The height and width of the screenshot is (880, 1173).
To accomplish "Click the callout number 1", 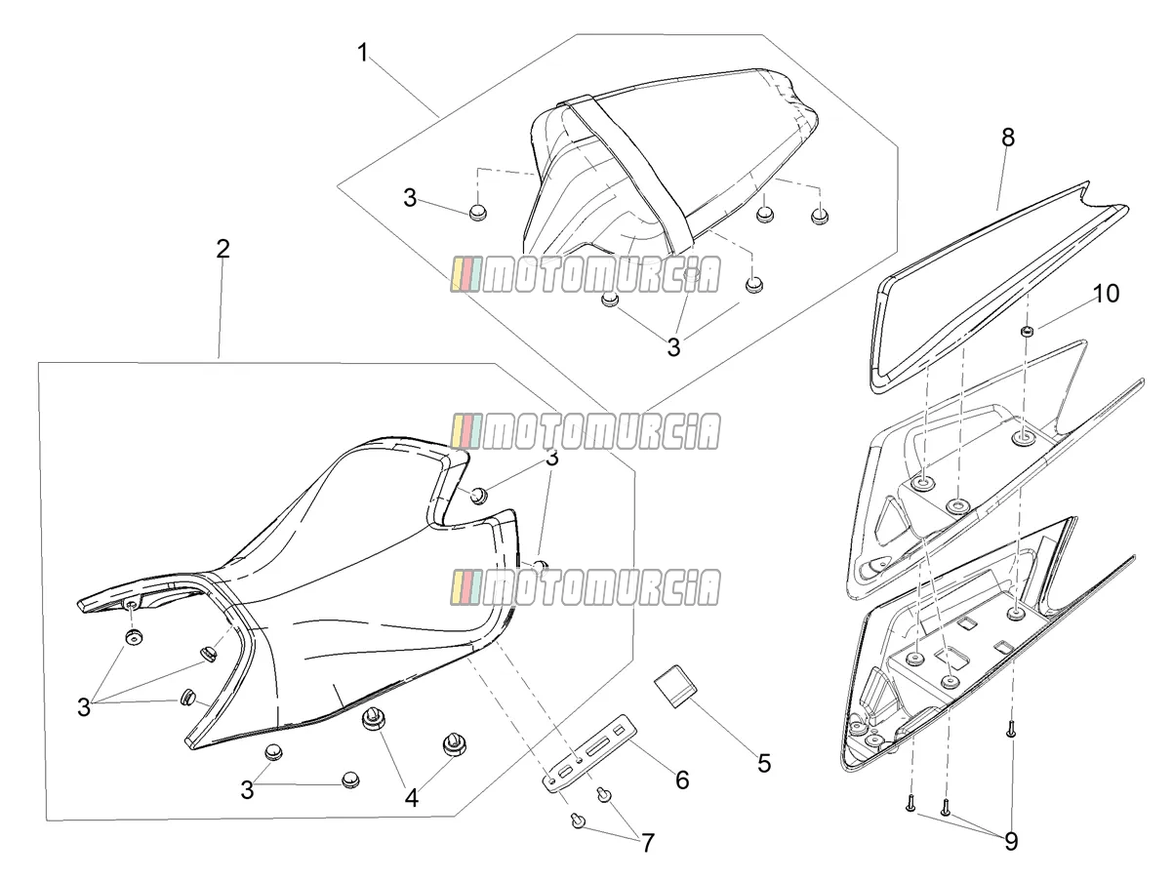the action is pos(363,53).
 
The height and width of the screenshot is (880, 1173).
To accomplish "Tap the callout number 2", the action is pos(222,249).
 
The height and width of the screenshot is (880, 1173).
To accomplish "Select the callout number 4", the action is pos(412,798).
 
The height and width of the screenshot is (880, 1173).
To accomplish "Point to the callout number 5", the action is pos(764,764).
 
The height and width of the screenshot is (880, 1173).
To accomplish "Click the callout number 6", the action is pos(682,780).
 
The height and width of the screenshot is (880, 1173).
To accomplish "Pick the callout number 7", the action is pos(648,843).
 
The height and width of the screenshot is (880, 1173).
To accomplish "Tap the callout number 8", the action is pos(1008,138).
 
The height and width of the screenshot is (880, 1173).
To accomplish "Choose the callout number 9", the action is pos(1011,842).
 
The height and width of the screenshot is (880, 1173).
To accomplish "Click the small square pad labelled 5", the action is pos(675,686).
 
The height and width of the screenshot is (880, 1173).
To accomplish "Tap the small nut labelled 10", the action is pos(1026,332).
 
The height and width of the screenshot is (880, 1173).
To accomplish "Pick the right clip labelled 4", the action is pos(454,744).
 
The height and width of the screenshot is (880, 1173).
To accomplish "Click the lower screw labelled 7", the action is pos(577,820).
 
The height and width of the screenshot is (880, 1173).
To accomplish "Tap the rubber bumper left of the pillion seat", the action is pos(478,213).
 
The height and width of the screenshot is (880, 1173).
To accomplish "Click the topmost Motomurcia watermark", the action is pos(586,274).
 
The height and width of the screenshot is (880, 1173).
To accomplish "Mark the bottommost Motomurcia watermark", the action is pos(586,587).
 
